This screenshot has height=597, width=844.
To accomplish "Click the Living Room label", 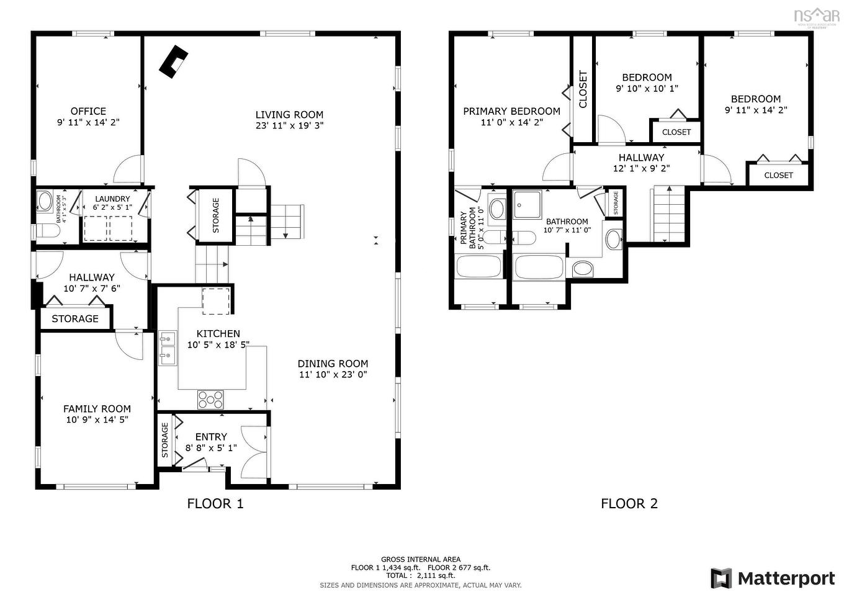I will click(289, 115).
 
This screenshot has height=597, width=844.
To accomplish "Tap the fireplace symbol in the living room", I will click(173, 61).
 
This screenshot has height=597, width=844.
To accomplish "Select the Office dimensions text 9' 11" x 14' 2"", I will click(88, 123).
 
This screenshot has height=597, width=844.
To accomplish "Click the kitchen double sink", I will click(167, 348).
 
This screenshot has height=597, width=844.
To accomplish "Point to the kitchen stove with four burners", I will click(210, 398).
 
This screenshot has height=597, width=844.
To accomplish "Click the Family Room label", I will click(97, 409).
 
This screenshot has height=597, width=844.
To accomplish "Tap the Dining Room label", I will click(333, 364).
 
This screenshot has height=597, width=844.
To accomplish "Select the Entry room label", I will click(211, 437).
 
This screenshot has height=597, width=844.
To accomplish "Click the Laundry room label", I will click(112, 199).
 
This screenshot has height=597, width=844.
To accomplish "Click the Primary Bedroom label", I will click(511, 112).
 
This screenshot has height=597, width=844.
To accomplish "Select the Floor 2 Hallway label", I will click(641, 158).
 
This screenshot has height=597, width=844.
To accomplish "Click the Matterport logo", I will click(773, 578).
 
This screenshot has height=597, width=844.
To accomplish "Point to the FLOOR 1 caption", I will click(215, 504).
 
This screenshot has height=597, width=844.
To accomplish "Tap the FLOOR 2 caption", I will click(629, 504).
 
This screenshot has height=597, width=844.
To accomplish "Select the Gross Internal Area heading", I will click(421, 559).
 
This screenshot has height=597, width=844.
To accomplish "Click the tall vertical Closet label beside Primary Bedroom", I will click(583, 89).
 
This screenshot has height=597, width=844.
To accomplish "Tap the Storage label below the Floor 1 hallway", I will click(75, 319).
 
